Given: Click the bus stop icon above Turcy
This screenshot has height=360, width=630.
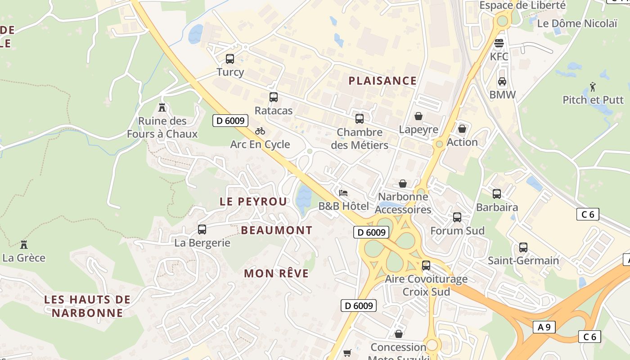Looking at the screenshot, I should (x=230, y=58).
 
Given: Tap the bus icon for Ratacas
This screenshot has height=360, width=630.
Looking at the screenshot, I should (x=273, y=97).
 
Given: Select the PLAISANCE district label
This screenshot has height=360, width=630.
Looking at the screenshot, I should (x=382, y=81).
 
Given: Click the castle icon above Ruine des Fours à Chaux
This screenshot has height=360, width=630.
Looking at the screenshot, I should (x=162, y=108).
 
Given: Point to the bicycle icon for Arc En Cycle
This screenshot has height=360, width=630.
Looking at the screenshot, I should (x=260, y=131).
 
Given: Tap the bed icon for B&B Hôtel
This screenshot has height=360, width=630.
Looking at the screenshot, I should (x=343, y=193).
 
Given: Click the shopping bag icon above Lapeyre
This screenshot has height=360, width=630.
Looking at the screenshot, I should (x=418, y=116).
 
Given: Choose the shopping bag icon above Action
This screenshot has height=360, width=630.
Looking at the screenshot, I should (x=462, y=129).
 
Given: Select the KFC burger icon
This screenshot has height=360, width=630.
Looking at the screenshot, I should (x=499, y=44).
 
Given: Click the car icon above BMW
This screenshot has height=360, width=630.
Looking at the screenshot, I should (x=502, y=81).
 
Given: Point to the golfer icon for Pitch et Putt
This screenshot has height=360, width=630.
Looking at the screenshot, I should (x=593, y=86).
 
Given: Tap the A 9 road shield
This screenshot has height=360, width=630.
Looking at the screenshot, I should (x=544, y=327).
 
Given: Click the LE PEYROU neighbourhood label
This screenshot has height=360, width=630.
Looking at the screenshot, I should (x=253, y=202).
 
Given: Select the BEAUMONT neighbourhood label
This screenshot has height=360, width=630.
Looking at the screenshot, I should (x=277, y=230).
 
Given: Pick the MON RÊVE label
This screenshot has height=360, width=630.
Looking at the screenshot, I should (x=276, y=273).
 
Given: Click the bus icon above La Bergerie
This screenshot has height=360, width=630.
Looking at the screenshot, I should (x=202, y=229).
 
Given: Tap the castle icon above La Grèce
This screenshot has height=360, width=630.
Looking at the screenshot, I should (x=24, y=244).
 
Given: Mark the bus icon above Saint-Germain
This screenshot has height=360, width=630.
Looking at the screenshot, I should (x=523, y=247).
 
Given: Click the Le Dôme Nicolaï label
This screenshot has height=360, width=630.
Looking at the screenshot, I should (x=577, y=23).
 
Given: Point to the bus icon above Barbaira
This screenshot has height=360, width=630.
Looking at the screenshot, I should (x=497, y=194).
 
